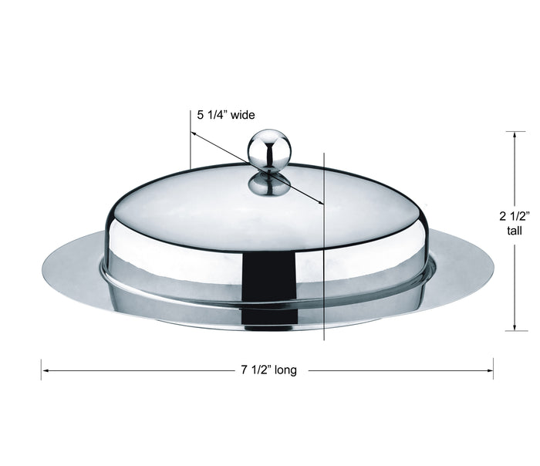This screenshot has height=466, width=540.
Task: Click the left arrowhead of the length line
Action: pos(46,370)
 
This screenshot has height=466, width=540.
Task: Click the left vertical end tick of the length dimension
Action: pos(41,370)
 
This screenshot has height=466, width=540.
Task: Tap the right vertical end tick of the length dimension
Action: pos(494,370)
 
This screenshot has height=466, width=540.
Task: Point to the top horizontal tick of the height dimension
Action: pos(515,131)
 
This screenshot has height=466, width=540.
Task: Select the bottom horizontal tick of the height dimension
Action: pos(515,331)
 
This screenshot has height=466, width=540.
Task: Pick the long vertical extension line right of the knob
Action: pos(324,255)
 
